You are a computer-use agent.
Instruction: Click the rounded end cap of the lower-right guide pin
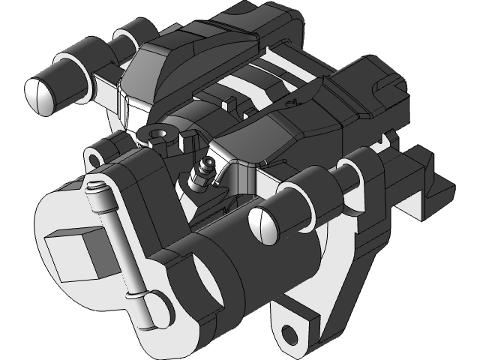pyautogui.click(x=262, y=223)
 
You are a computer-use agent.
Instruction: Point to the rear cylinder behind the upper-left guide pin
pyautogui.click(x=127, y=35)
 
